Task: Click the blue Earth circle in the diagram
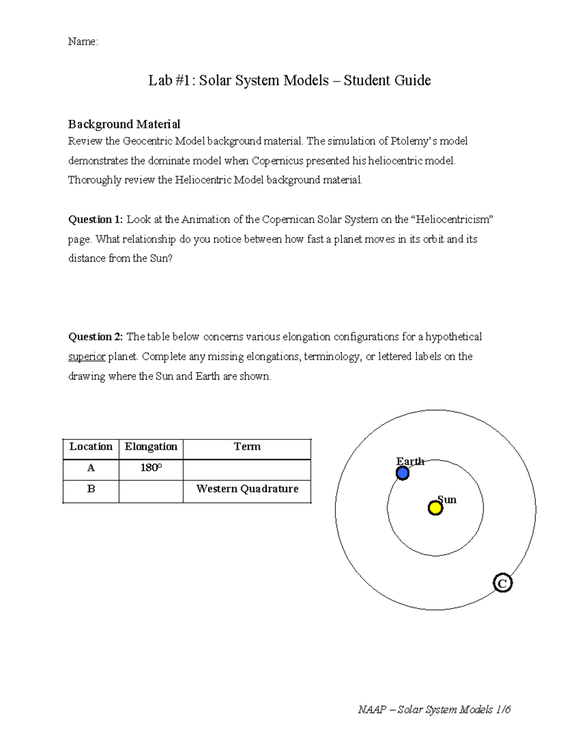point(403,473)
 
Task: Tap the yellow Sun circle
point(435,508)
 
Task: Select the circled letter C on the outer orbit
point(502,583)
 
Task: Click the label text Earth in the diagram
point(410,461)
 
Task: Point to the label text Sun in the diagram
point(447,499)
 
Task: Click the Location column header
point(91,447)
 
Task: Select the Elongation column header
point(151,447)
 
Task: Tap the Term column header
point(247,447)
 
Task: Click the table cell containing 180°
point(151,468)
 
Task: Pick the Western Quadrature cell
point(247,489)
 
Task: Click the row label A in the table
point(91,468)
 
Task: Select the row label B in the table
point(91,489)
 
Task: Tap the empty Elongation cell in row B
point(151,491)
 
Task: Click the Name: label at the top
point(83,42)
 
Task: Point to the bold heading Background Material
point(124,124)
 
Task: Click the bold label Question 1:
point(96,220)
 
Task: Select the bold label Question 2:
point(96,337)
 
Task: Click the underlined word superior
point(87,357)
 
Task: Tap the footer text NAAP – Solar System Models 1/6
point(434,709)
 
